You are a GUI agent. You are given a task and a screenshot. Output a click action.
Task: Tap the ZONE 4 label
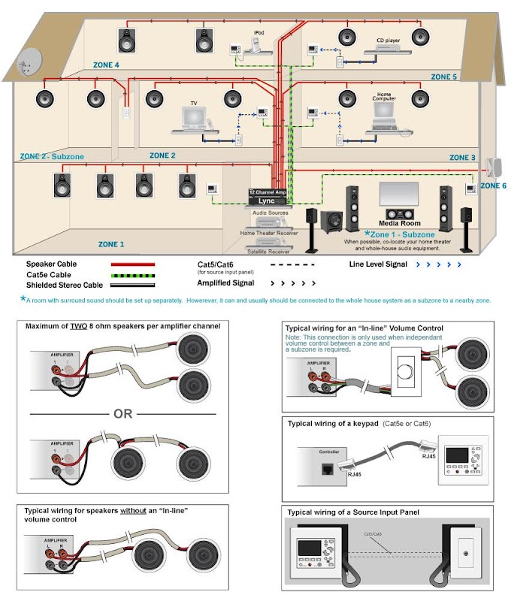pyautogui.click(x=106, y=65)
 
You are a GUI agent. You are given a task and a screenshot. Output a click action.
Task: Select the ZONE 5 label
pyautogui.click(x=443, y=77)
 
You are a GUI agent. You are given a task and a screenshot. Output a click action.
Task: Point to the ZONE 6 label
pyautogui.click(x=493, y=186)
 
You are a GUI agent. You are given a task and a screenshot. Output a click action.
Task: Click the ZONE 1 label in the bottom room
pyautogui.click(x=112, y=244)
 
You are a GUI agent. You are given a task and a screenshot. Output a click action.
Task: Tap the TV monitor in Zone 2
pyautogui.click(x=194, y=116)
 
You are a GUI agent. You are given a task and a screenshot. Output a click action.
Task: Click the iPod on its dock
pyautogui.click(x=259, y=46)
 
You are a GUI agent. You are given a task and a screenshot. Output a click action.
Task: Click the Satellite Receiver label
pyautogui.click(x=269, y=253)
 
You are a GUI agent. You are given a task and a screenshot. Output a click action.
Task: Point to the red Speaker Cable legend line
pyautogui.click(x=133, y=264)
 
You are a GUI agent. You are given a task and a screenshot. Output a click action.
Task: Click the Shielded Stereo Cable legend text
pyautogui.click(x=65, y=285)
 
